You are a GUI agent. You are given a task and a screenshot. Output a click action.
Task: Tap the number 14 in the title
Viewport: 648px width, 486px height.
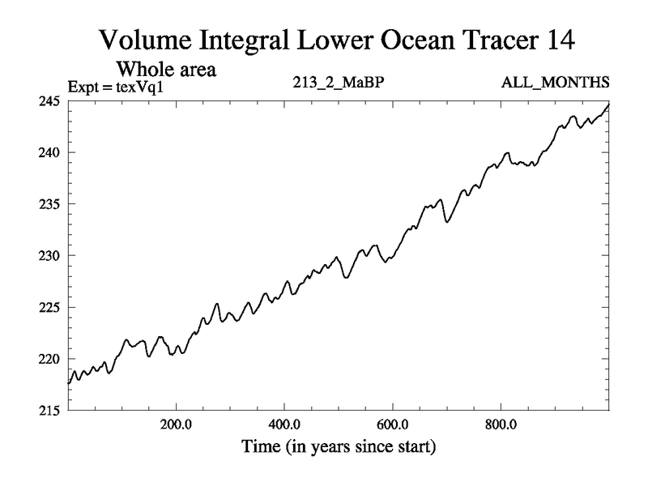(561, 39)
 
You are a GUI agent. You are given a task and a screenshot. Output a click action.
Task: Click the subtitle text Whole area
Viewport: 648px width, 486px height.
(171, 69)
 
